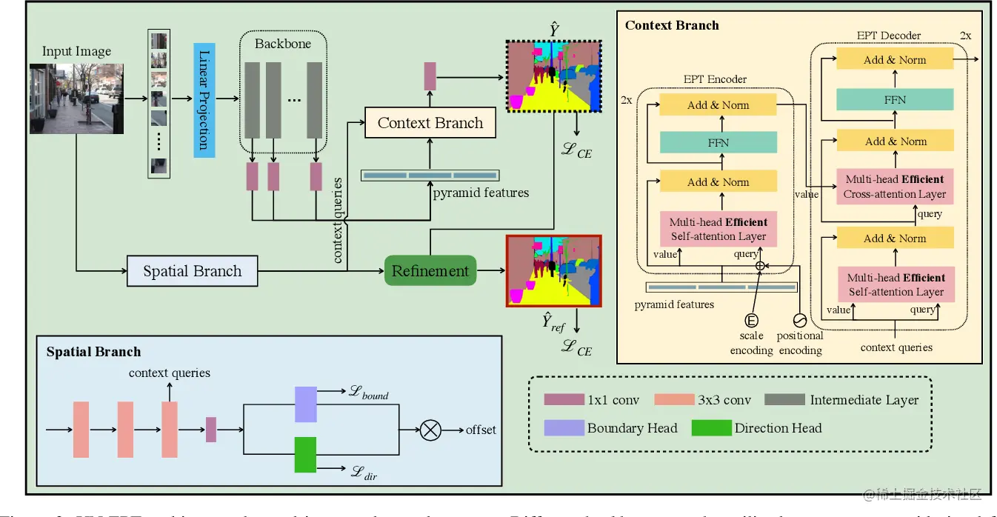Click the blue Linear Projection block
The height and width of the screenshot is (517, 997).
[204, 100]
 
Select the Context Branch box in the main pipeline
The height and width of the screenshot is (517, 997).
[430, 123]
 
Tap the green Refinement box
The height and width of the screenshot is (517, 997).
[430, 270]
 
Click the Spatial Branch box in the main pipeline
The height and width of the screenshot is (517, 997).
[193, 271]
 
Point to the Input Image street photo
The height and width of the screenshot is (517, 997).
[76, 98]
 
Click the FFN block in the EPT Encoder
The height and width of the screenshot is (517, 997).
[718, 143]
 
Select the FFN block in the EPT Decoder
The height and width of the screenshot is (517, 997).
[895, 99]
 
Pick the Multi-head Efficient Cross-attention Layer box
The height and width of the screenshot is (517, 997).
[895, 187]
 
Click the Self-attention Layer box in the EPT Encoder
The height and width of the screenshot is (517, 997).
[718, 229]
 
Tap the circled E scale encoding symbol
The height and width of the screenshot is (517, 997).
[751, 320]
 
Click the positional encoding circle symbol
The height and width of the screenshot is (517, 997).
[798, 320]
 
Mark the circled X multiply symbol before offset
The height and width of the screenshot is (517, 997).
[430, 430]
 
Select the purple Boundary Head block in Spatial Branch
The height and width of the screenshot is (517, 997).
[305, 404]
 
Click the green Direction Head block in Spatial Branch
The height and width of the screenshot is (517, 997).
[305, 454]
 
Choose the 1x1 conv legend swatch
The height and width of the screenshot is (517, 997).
[564, 400]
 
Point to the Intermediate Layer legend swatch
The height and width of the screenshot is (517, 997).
[784, 400]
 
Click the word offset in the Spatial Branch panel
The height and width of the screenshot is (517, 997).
[481, 430]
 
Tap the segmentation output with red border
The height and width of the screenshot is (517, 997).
[553, 270]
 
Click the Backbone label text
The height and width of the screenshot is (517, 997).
[283, 44]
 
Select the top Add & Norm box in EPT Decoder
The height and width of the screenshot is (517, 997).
[895, 60]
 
